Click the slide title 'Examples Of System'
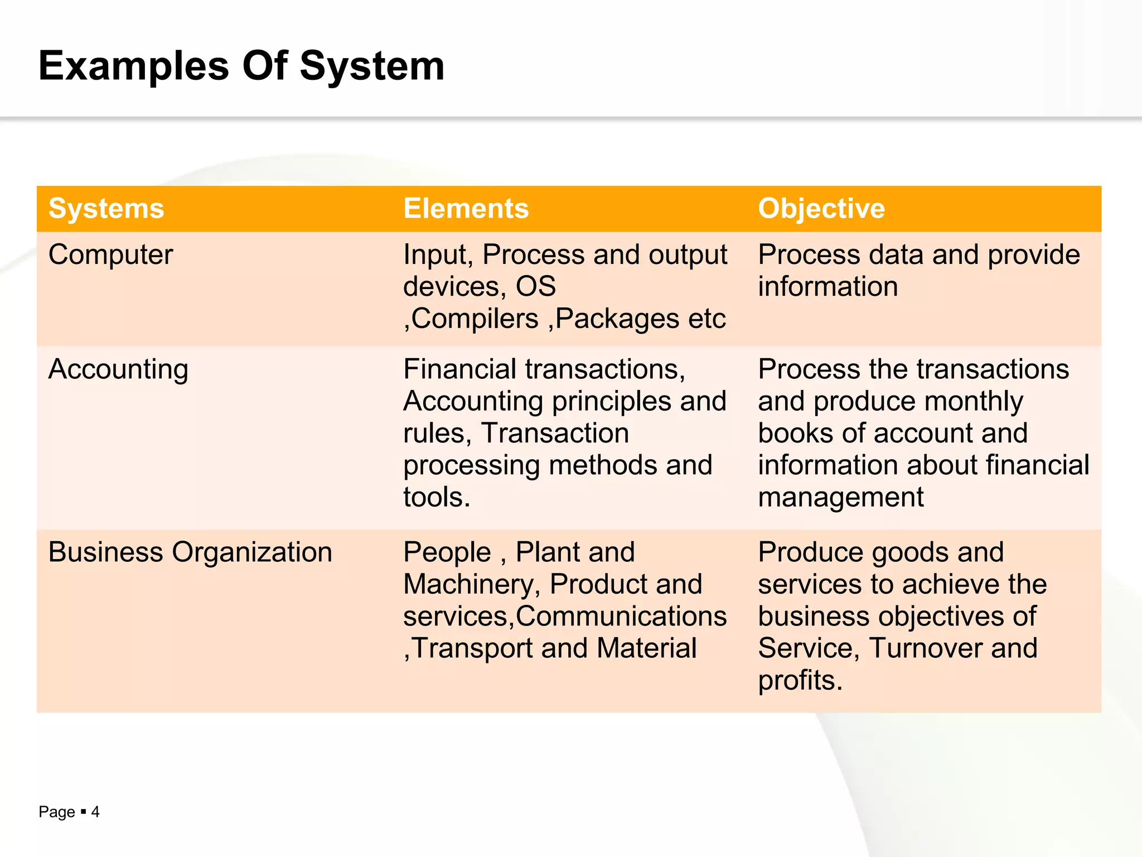[x=241, y=66]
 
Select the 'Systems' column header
[x=106, y=209]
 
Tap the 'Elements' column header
[x=466, y=209]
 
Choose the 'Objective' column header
[x=821, y=209]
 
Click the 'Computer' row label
[x=110, y=255]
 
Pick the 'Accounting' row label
[x=118, y=370]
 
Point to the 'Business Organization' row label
[x=190, y=552]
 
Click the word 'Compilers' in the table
[x=475, y=319]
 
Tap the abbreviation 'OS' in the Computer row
[x=535, y=287]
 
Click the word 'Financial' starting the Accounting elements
[x=460, y=369]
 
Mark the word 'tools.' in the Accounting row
[x=437, y=497]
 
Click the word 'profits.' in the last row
[x=800, y=681]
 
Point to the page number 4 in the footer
[x=95, y=812]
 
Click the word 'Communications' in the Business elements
[x=621, y=617]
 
